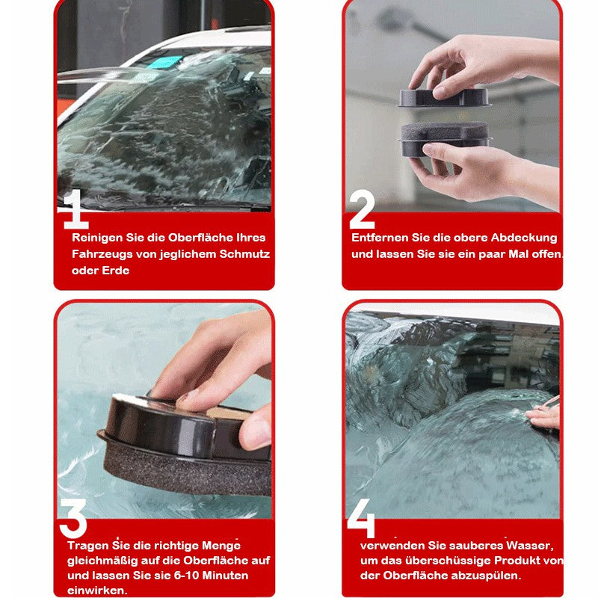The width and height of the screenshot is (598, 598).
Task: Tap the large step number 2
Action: [x=362, y=209]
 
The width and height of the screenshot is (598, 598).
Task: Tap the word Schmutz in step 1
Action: [x=244, y=254]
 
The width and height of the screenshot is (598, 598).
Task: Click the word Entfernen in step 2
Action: [x=380, y=238]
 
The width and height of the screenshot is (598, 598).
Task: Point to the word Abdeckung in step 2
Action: [x=524, y=238]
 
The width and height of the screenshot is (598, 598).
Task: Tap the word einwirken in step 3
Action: [x=97, y=591]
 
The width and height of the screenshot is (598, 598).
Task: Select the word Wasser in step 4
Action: [x=530, y=546]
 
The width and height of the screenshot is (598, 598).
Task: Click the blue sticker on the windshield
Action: [x=164, y=61]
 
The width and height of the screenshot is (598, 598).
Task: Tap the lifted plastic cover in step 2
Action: [x=444, y=98]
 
